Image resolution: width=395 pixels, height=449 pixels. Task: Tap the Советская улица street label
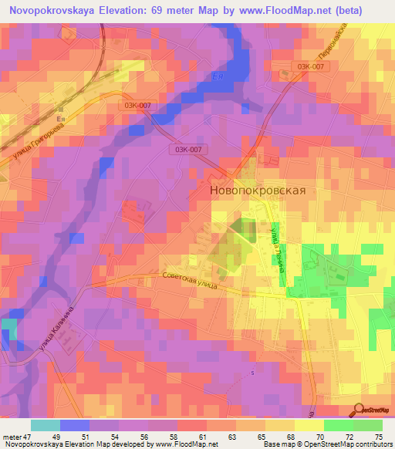point(190,279)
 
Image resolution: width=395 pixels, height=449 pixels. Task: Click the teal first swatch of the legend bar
point(45,425)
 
